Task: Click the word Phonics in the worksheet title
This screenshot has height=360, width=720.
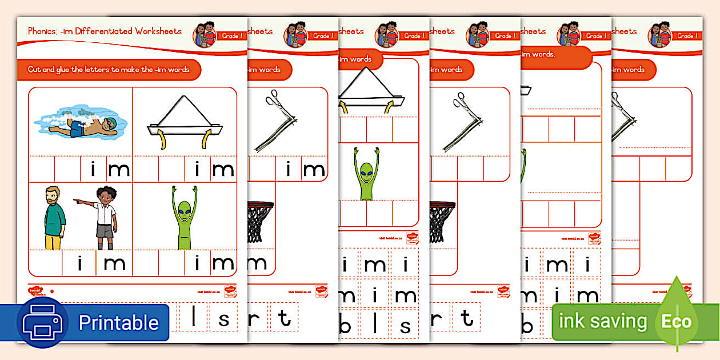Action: [x=41, y=31]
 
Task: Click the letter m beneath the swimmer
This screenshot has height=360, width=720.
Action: [x=118, y=169]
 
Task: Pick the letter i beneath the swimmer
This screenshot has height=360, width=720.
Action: [x=93, y=169]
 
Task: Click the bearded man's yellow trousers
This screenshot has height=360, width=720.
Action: [x=53, y=242]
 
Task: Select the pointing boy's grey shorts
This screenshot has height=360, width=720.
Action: [x=105, y=230]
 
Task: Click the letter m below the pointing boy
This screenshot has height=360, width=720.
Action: [x=114, y=263]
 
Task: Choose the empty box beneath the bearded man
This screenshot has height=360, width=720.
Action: [x=46, y=263]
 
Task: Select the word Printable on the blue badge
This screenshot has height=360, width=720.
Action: [x=118, y=323]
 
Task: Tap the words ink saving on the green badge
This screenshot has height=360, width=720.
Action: [x=602, y=322]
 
